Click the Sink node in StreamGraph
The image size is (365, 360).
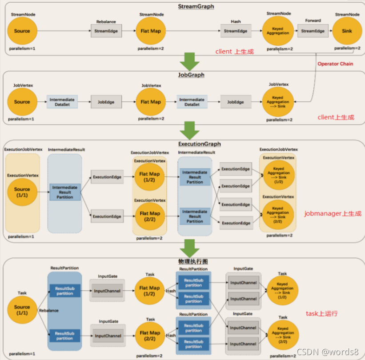(x=347, y=31)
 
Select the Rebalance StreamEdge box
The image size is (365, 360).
(x=106, y=31)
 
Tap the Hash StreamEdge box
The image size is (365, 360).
(x=236, y=31)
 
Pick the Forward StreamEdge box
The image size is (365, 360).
(x=313, y=31)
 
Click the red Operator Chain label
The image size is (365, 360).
(x=335, y=64)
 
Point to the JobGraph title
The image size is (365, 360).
(x=191, y=75)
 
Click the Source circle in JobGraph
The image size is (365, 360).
(x=22, y=102)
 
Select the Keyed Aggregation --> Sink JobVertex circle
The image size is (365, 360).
(x=278, y=102)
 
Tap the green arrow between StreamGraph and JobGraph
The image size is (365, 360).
(x=189, y=62)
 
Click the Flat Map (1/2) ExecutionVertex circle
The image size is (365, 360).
(x=149, y=177)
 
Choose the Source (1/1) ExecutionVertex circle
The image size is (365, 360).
(x=22, y=192)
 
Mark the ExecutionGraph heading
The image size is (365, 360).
(x=200, y=144)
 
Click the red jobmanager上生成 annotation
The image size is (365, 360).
(x=333, y=213)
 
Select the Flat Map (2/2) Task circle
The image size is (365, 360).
(x=150, y=336)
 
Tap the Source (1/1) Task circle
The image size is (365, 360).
(x=22, y=310)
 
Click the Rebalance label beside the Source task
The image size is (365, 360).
(x=48, y=310)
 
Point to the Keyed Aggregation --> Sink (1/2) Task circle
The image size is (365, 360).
(x=282, y=290)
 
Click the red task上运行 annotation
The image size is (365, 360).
(x=322, y=313)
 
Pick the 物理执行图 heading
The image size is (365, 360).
(x=193, y=262)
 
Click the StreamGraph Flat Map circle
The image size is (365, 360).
(x=151, y=31)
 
